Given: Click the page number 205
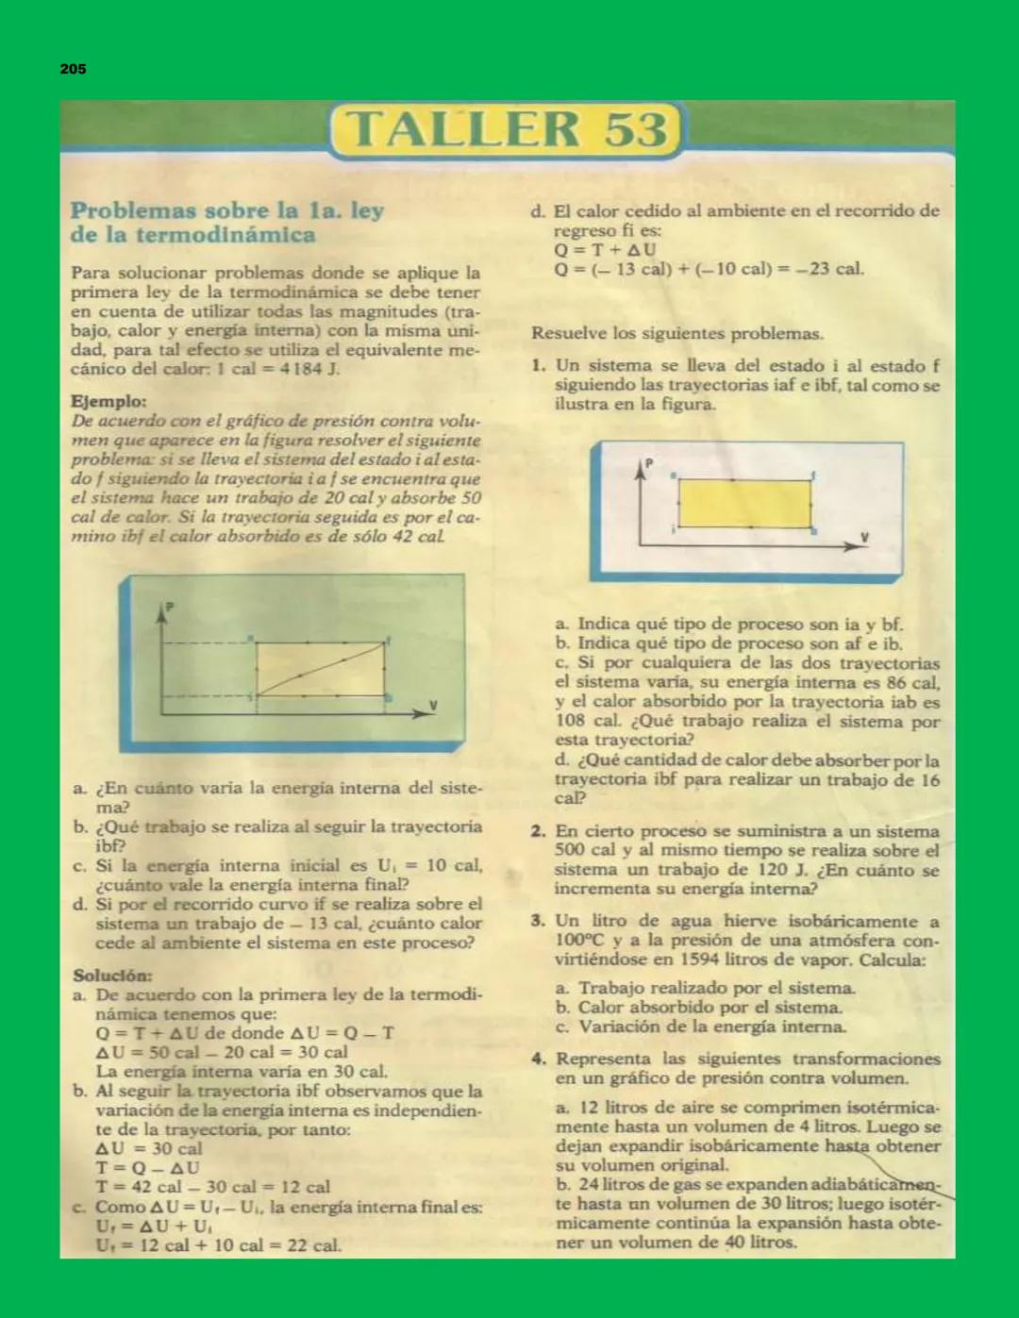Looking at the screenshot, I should (x=73, y=69).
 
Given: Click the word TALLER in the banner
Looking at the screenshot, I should (x=462, y=129).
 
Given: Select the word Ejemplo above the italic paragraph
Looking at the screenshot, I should (x=109, y=401).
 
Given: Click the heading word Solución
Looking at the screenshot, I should (x=112, y=976).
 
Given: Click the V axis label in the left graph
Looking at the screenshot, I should (x=433, y=704).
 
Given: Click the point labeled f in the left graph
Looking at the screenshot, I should (x=386, y=642).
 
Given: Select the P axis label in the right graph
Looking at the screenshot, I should (x=649, y=463).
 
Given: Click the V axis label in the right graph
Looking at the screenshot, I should (x=863, y=537).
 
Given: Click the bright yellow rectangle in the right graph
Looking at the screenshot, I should (x=744, y=504).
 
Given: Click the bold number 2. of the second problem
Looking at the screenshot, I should (x=539, y=831).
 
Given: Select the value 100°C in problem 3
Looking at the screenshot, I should (x=579, y=941).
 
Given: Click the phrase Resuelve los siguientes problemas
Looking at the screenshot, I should (x=677, y=333).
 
